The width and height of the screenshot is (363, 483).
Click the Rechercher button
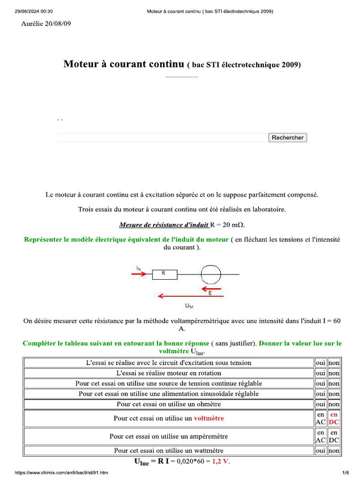287,137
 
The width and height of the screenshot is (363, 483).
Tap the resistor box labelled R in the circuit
164,274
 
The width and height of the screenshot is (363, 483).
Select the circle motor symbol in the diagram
211,274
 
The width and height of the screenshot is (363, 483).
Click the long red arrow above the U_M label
189,296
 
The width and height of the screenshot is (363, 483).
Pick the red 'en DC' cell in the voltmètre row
334,418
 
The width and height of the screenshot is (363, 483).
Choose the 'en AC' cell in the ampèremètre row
320,436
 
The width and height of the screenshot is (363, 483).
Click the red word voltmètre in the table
209,418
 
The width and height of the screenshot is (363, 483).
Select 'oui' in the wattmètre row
320,451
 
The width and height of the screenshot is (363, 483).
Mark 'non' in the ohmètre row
334,404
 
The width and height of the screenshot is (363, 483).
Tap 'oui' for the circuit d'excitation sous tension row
320,363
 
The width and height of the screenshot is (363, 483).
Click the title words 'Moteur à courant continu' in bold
123,64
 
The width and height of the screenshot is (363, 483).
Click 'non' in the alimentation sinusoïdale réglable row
334,394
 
